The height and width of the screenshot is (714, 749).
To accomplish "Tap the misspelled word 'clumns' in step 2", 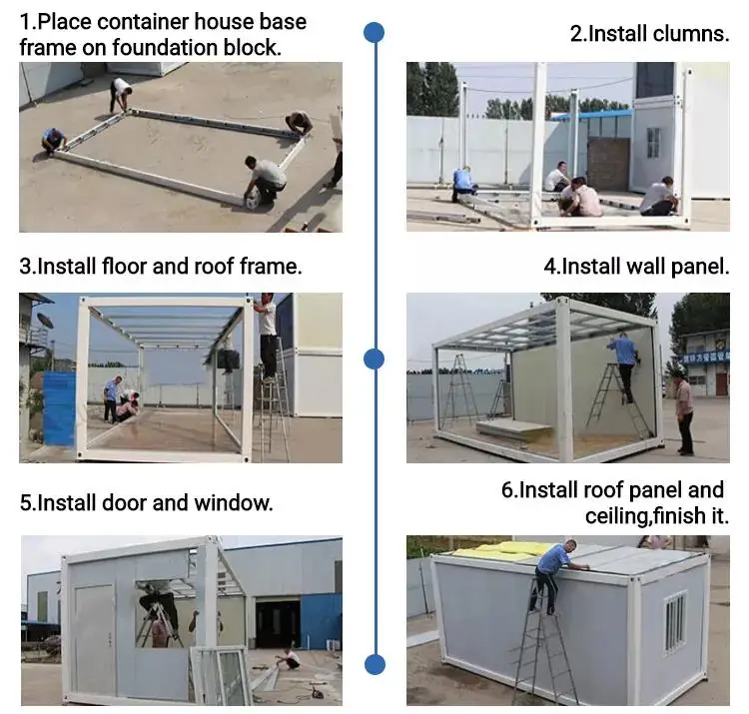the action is coord(690,33).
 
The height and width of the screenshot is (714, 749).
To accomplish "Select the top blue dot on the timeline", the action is coord(374,33).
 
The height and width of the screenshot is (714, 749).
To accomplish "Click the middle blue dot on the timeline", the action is coord(374,359).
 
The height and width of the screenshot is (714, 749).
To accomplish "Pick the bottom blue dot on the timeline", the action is coord(374,663).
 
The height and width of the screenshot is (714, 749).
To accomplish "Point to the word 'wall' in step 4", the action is coord(644,267).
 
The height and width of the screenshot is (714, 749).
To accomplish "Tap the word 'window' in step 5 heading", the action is coord(236,502).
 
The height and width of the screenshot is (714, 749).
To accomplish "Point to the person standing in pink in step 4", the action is coord(684,409).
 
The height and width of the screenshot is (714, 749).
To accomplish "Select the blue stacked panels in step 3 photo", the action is coord(58,409).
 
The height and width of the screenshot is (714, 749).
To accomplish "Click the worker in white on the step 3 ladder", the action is coord(267,335).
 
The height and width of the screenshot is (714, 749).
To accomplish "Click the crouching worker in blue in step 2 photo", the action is coord(464,184).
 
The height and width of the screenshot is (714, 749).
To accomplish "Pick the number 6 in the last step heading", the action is coord(507,490).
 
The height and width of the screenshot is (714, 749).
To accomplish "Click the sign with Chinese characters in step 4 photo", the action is coord(705,357).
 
